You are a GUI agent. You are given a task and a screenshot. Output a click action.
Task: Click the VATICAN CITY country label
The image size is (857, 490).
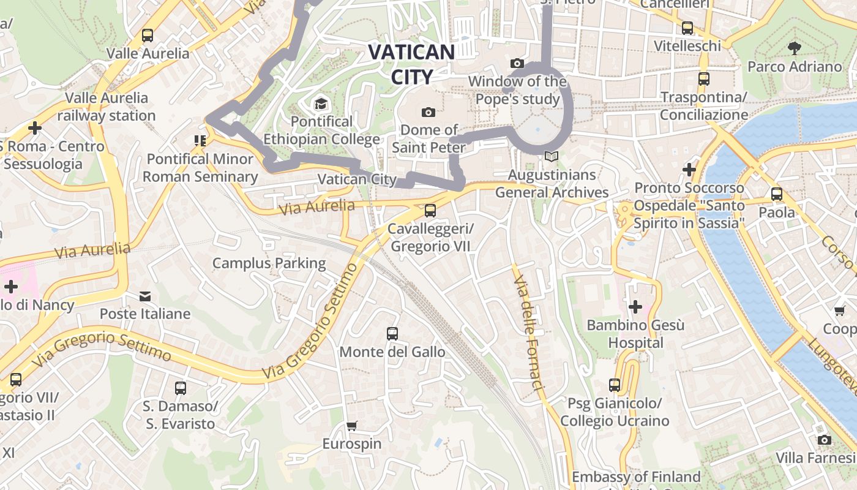(411, 64)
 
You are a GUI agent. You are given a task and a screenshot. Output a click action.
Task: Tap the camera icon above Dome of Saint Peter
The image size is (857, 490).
(428, 112)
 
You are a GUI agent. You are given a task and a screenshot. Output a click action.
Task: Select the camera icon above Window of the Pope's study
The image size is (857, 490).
(517, 64)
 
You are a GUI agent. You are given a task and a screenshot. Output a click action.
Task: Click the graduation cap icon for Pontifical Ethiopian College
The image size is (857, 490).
(320, 104)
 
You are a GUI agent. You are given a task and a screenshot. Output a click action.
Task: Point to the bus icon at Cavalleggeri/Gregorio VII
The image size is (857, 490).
(430, 211)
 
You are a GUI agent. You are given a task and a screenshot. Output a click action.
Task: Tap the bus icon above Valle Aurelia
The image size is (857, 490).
(148, 36)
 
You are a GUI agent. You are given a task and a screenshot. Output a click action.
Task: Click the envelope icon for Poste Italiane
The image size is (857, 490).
(145, 296)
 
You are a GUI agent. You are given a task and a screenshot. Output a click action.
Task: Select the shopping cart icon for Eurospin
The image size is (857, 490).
(351, 426)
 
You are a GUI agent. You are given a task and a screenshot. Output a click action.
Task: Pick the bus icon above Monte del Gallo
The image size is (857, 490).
(392, 334)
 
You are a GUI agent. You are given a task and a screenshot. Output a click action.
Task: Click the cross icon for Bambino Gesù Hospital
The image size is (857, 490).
(635, 306)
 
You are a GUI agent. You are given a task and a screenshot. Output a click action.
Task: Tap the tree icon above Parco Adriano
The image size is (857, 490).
(795, 48)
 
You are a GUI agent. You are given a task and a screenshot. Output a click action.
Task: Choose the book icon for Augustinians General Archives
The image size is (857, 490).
(552, 157)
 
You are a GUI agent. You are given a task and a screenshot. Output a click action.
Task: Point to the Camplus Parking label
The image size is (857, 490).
(269, 263)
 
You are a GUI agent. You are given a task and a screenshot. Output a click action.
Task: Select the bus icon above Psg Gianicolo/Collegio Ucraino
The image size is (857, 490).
(615, 385)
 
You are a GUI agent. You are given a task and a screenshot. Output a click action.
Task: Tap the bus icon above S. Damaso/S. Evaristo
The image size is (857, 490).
(180, 388)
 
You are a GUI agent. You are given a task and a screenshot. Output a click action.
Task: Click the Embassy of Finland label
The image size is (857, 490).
(636, 477)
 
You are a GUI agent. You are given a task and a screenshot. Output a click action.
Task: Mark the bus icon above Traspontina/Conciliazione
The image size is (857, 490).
(704, 79)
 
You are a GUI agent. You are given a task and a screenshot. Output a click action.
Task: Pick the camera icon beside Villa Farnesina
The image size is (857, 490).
(825, 440)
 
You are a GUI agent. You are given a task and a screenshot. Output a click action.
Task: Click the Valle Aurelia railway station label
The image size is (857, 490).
(107, 107)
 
